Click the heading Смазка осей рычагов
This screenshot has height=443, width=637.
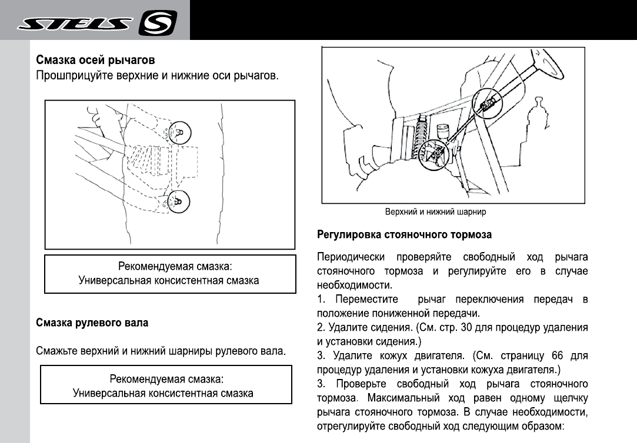pyautogui.click(x=96, y=61)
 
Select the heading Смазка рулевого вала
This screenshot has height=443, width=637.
pyautogui.click(x=92, y=323)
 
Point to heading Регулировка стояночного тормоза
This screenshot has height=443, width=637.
pyautogui.click(x=405, y=234)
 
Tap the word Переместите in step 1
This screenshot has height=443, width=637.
pyautogui.click(x=365, y=300)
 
